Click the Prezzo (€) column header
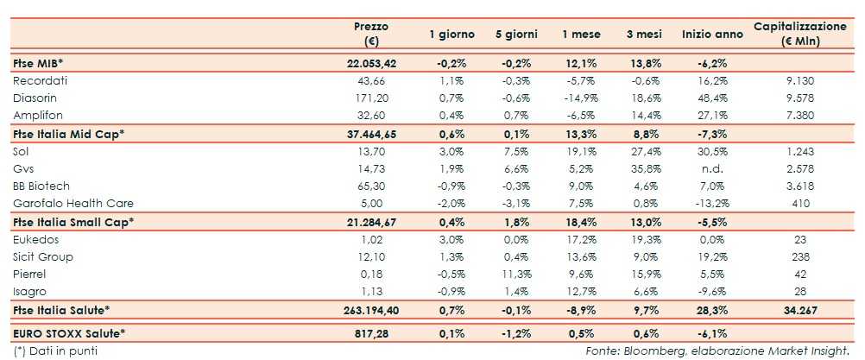pos(372,34)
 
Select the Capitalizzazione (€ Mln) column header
pos(799,34)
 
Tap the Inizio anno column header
pos(712,35)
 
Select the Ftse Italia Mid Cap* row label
pos(69,133)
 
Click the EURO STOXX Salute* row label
pos(70,332)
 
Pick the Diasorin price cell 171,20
pos(372,98)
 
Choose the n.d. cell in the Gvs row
pos(712,168)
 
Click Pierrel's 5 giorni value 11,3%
pos(517,275)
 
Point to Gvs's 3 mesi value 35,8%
pos(646,168)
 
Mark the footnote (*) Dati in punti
pos(55,351)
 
